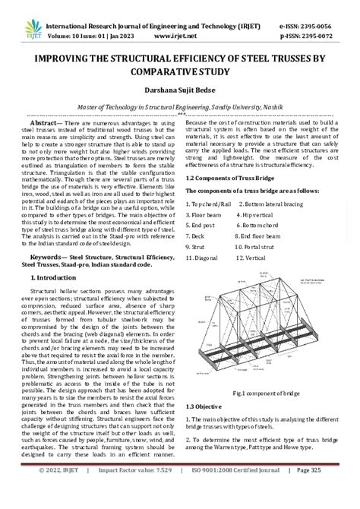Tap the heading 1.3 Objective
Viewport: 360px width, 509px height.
click(x=208, y=408)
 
